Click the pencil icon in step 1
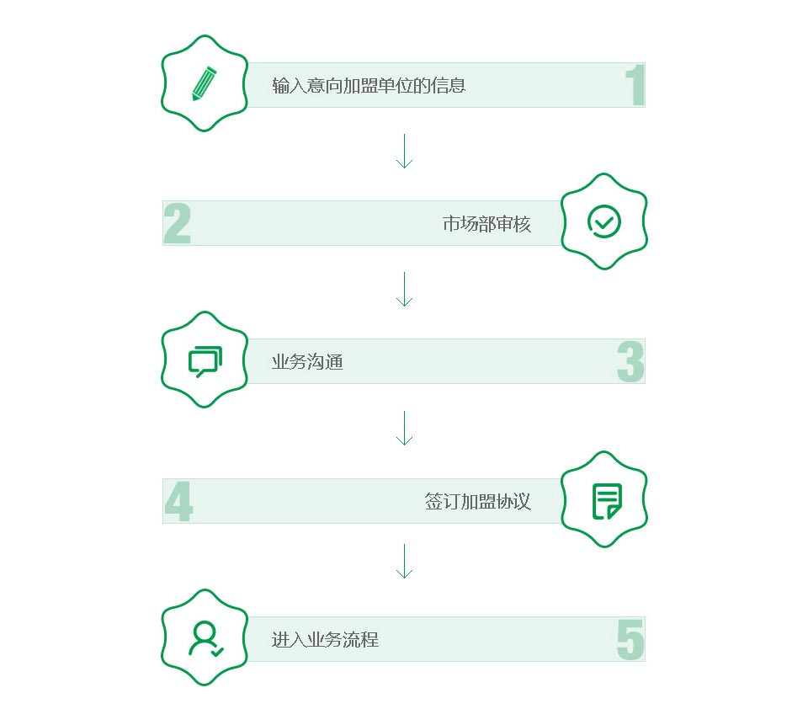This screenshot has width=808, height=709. point(204,83)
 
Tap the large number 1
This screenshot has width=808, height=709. point(635,86)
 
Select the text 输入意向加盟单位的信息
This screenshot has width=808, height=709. point(369,85)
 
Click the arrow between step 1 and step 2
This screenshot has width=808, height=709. point(404,151)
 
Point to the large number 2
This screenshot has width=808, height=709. point(177,224)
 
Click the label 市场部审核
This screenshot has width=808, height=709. point(486,224)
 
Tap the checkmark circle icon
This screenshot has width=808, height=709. point(603,221)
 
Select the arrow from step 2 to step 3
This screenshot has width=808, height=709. point(404,289)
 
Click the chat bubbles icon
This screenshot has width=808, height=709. point(205,360)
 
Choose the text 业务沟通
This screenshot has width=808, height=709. point(307,362)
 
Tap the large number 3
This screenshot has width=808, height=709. point(630,362)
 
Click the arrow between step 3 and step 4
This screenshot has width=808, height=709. point(404,428)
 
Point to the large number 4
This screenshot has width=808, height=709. point(178,502)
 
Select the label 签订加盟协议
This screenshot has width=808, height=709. point(477,501)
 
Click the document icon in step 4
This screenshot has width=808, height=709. point(606,500)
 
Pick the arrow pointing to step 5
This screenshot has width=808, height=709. point(404,561)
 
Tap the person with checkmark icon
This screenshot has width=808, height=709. point(205,638)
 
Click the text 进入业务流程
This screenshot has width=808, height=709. point(325,639)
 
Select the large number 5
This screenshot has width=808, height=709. point(630,640)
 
